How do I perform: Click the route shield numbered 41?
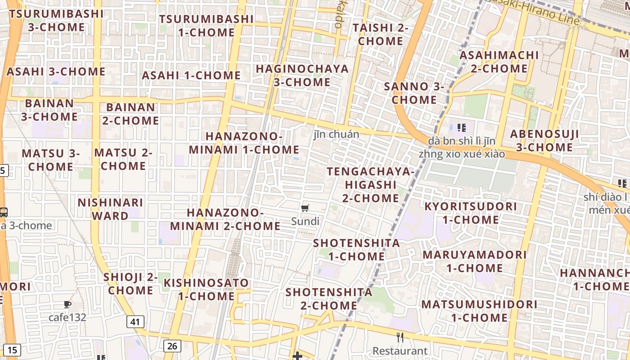[x=135, y=322]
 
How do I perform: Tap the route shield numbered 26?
[x=172, y=346]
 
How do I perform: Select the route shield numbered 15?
[x=13, y=350]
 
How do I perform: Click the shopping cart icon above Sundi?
[x=305, y=208]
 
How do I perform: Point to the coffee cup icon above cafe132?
[x=67, y=305]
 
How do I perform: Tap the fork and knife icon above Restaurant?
[x=400, y=337]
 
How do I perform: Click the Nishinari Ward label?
[x=110, y=209]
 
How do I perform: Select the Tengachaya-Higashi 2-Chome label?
[x=370, y=185]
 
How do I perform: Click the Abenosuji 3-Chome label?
[x=544, y=141]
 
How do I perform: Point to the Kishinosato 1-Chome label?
[x=206, y=289]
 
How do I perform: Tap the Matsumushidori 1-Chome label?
[x=479, y=311]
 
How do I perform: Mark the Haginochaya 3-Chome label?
[x=302, y=76]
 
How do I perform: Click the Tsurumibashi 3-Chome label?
[x=56, y=20]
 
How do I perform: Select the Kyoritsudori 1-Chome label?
[x=471, y=213]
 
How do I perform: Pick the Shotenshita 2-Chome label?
[x=329, y=299]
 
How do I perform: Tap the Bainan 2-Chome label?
[x=130, y=114]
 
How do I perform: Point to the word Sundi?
[x=305, y=221]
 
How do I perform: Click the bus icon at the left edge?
[x=4, y=212]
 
